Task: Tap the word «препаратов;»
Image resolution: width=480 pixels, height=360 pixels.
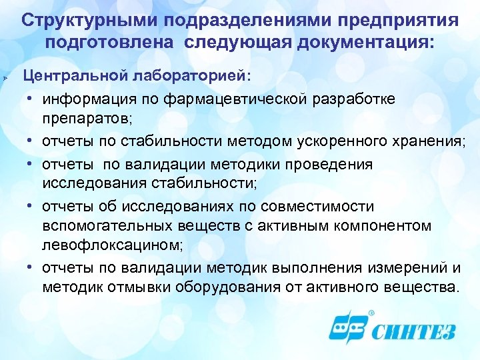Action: point(87,121)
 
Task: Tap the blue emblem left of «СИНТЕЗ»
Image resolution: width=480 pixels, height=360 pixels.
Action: point(347,329)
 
